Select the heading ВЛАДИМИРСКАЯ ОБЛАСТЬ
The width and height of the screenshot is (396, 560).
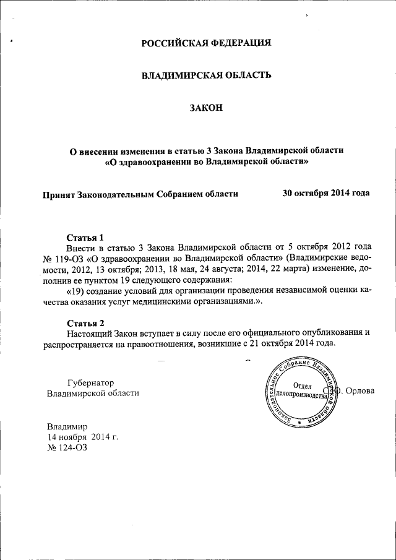coord(207,75)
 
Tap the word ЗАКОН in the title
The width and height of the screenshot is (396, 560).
coord(207,108)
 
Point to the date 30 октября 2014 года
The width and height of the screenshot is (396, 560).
coord(326,193)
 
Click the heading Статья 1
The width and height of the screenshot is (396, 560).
coord(85,238)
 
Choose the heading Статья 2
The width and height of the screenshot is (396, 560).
coord(85,322)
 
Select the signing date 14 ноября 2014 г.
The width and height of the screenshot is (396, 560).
coord(82,437)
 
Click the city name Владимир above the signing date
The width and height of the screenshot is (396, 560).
coord(67,426)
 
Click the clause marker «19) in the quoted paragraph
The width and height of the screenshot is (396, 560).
coord(75,290)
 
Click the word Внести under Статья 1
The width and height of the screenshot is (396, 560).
coord(82,248)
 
